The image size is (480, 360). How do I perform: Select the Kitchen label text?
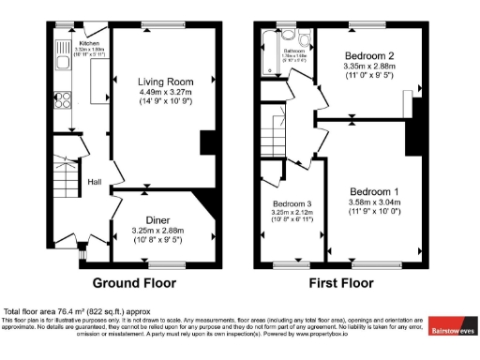[x=90, y=43]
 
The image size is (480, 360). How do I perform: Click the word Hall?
[x=95, y=182]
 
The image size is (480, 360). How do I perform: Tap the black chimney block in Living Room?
[x=208, y=142]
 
